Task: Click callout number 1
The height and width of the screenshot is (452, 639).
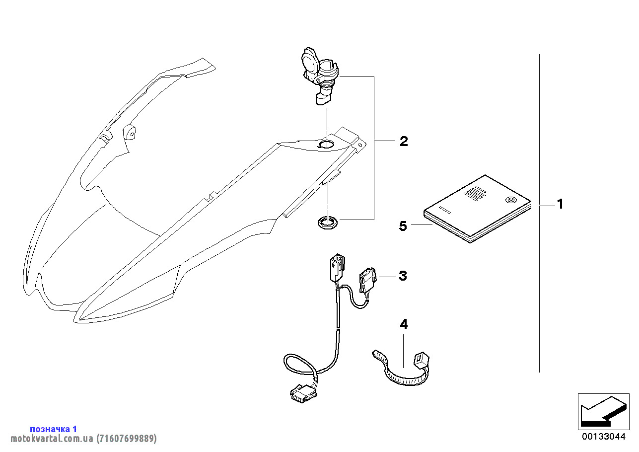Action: pos(560,204)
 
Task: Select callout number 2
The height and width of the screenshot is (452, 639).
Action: pos(404,142)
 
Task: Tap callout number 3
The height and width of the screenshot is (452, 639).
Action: pos(403,276)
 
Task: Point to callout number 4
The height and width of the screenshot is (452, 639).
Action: pos(404,324)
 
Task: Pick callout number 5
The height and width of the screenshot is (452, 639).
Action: pos(403,226)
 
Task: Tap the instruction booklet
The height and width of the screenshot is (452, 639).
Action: pos(477,209)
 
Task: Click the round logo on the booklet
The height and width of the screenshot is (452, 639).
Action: pos(509,201)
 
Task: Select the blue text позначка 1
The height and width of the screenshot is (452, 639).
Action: pos(53,429)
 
